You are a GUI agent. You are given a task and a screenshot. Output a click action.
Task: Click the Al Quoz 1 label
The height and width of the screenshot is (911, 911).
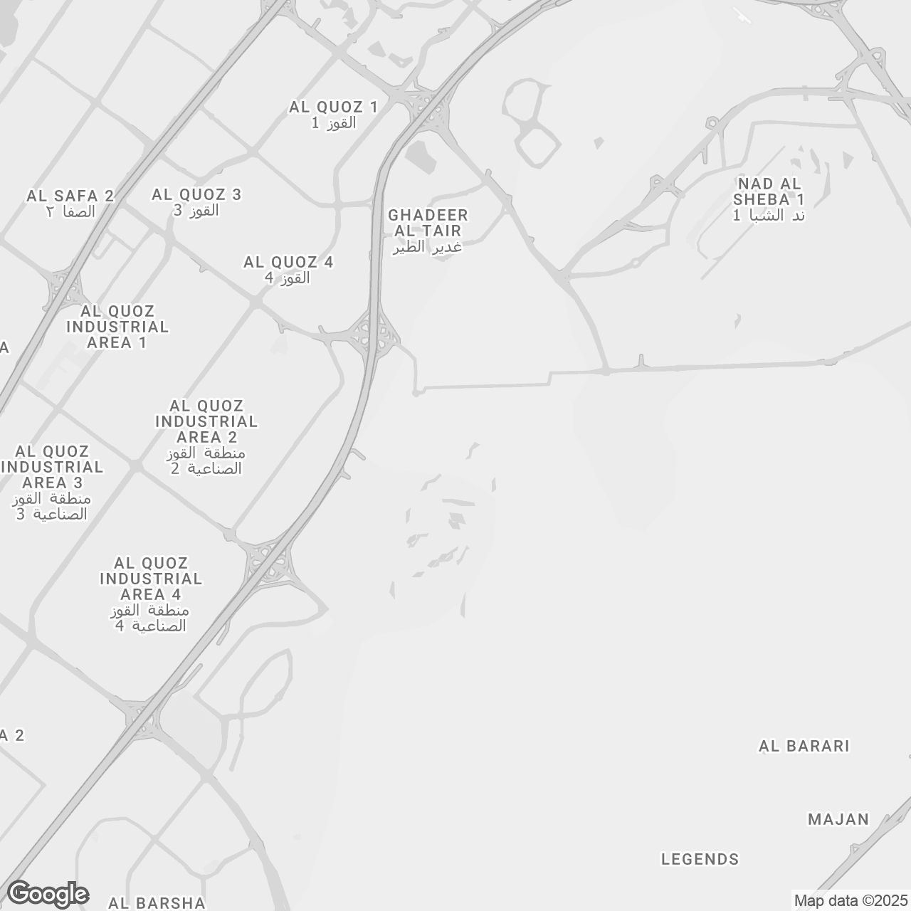[x=333, y=115]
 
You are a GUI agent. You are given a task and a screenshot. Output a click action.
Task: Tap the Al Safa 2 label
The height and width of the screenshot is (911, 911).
[x=70, y=203]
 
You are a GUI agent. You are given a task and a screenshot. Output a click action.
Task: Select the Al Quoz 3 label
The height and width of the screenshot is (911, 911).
[x=196, y=202]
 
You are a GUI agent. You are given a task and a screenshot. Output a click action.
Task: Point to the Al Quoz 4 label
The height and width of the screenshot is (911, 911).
[x=288, y=270]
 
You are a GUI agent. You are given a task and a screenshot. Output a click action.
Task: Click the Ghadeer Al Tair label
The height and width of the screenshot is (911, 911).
[x=428, y=231]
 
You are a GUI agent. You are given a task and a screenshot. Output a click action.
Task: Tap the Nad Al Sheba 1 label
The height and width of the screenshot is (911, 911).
[x=769, y=199]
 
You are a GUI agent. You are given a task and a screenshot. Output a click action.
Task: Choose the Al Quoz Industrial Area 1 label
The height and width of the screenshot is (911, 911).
[x=117, y=327]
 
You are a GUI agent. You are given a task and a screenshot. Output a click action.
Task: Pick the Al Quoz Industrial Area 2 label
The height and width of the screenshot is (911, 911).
[x=206, y=436]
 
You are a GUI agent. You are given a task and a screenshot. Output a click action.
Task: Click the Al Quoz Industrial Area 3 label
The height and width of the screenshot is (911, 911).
[x=52, y=482]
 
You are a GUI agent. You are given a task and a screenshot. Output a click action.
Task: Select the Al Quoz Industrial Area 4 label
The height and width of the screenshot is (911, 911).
[x=151, y=594]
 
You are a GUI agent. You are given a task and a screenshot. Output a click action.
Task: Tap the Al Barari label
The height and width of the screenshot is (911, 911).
[x=804, y=746]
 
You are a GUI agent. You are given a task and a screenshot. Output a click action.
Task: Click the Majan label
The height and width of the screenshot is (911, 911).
[x=838, y=819]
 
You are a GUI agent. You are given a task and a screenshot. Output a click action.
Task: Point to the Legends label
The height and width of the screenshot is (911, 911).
[x=700, y=859]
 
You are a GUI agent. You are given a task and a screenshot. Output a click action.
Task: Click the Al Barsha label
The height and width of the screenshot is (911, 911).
[x=157, y=902]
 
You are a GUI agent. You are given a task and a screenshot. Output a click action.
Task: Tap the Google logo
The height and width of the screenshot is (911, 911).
[x=48, y=894]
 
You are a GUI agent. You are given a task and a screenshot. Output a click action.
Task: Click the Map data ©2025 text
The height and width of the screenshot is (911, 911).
[x=851, y=900]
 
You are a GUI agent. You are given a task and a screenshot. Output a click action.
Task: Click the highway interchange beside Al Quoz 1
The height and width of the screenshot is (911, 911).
[x=426, y=108]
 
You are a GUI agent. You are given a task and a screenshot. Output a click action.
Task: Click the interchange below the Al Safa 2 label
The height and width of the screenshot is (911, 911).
[x=64, y=288]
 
